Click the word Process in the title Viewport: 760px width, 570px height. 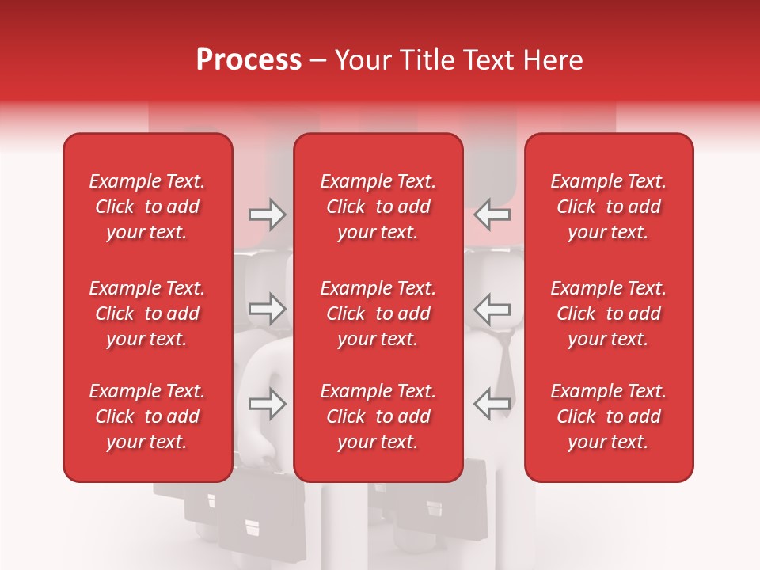pos(249,60)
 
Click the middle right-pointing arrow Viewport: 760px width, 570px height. pos(267,308)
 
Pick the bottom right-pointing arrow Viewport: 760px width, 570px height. pos(267,403)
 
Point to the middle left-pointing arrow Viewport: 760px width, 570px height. pos(492,308)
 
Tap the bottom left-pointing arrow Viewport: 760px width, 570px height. pos(492,403)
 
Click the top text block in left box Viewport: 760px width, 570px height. pos(147,207)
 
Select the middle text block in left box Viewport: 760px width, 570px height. pos(147,313)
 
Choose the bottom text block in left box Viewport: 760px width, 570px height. pos(147,416)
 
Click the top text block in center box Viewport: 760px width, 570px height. pos(378,207)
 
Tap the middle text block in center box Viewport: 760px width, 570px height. pos(378,313)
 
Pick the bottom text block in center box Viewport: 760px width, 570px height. pos(378,416)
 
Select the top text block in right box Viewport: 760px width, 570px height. pos(609,207)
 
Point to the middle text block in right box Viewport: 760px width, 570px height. pos(609,313)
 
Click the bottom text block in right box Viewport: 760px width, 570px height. pos(609,416)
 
